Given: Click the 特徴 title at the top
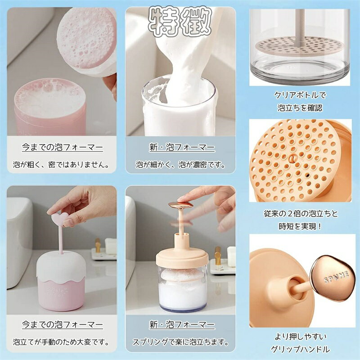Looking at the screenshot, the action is pos(180,22).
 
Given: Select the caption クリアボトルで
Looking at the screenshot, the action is pos(300,95).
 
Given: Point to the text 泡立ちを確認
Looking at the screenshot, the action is pos(300,108).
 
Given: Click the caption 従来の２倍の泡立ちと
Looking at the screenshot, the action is pos(301,214).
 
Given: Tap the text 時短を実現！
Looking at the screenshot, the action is pos(301,226).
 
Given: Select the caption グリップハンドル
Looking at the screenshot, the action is pos(300,349).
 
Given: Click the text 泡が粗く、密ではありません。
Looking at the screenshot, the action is pos(61,164).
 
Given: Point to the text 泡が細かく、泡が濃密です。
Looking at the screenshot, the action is pos(181,164).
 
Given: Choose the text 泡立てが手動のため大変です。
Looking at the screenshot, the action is pos(61,342).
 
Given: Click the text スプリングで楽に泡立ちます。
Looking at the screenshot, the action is pos(181,342).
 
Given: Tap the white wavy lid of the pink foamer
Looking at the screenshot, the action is pos(61,266).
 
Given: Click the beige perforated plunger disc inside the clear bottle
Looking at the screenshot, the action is pos(298,47).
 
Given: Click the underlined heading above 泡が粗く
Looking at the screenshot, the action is pos(63,147).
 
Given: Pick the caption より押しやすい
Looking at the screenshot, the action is pos(300,337).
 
